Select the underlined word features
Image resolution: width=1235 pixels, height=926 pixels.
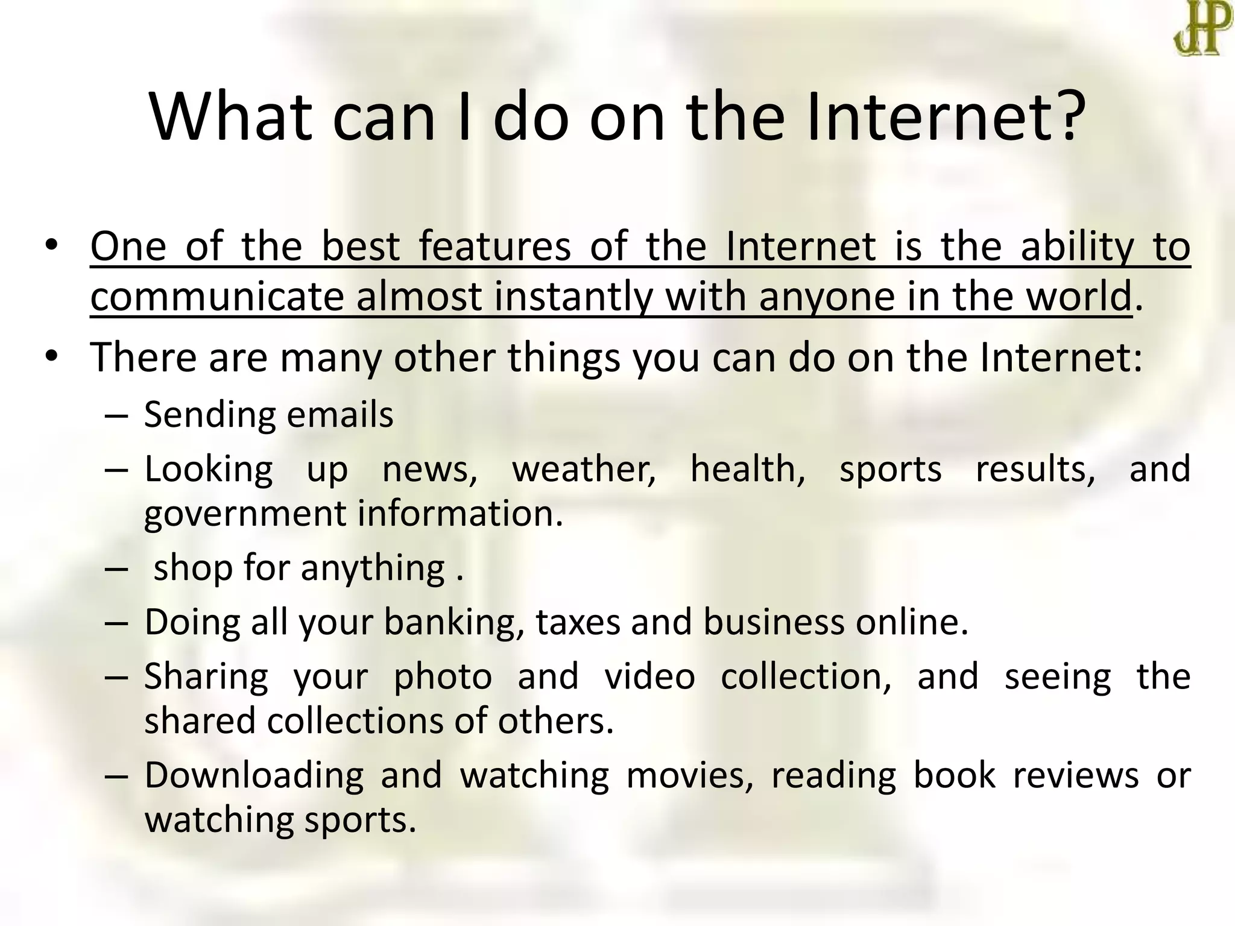point(494,247)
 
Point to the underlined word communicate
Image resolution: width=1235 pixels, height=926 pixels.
point(217,297)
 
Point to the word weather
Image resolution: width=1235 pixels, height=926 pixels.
point(584,469)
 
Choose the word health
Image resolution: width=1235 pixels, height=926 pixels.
point(747,469)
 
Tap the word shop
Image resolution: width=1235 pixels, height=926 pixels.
point(193,569)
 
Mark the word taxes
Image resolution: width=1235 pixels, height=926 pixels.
point(578,623)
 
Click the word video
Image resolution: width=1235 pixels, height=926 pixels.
point(649,677)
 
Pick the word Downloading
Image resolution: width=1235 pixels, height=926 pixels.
point(254,776)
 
